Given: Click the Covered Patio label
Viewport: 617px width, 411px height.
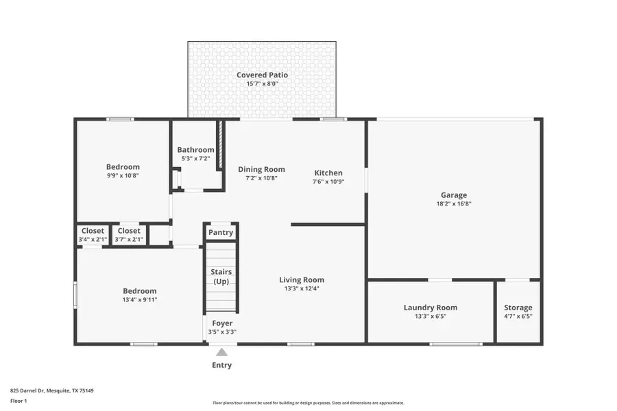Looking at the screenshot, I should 262,75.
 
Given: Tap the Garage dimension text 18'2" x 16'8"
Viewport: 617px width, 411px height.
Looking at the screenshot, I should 454,203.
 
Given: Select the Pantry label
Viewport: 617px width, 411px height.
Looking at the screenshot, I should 221,232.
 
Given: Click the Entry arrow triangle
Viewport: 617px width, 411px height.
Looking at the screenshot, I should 221,352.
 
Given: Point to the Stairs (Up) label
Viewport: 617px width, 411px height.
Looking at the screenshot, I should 221,277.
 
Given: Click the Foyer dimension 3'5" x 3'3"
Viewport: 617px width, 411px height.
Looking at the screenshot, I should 222,332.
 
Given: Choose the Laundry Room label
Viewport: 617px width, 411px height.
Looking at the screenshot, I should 430,308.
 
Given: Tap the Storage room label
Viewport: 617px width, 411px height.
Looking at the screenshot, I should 518,308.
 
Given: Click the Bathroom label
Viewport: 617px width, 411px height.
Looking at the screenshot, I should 195,150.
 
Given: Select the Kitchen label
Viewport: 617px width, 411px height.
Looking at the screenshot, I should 328,173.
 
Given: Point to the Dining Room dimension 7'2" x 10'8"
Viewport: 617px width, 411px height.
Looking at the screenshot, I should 261,178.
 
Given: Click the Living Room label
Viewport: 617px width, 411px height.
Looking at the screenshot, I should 302,279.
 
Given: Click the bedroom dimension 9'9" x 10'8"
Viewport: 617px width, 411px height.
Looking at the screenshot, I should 123,175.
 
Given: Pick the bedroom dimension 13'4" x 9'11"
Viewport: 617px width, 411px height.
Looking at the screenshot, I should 140,299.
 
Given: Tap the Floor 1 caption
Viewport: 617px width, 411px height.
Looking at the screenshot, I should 19,400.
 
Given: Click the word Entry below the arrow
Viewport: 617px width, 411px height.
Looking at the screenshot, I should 221,365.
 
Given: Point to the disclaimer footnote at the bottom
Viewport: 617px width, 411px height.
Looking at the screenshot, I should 308,403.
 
